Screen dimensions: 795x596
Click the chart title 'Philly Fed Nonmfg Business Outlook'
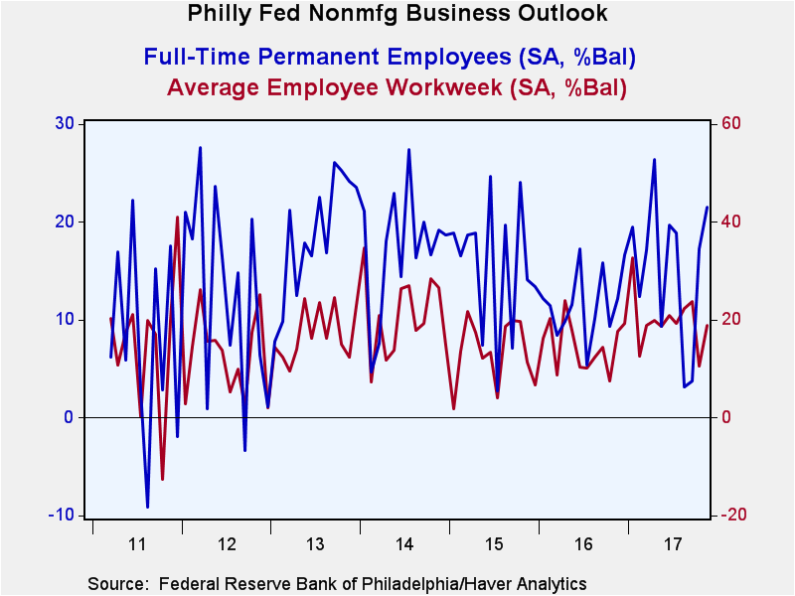[x=397, y=13]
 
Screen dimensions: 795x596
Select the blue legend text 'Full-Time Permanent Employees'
[x=328, y=57]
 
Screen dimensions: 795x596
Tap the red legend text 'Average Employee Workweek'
[x=335, y=87]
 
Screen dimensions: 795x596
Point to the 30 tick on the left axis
[x=64, y=123]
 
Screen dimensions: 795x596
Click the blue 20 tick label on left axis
[x=64, y=222]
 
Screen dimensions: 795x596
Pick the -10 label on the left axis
[x=62, y=515]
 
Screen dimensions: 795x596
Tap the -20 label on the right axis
[x=730, y=515]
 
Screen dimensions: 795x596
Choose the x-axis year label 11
[x=137, y=544]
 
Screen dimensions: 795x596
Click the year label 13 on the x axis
[x=315, y=544]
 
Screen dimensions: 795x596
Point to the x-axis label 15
[x=494, y=544]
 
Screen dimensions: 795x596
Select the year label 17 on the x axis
[x=673, y=544]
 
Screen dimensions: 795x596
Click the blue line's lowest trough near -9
[x=147, y=507]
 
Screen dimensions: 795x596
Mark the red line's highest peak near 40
[x=178, y=217]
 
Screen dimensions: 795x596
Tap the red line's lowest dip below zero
[x=163, y=479]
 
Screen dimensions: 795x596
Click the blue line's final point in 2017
[x=708, y=208]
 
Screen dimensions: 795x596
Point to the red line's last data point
[x=708, y=326]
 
